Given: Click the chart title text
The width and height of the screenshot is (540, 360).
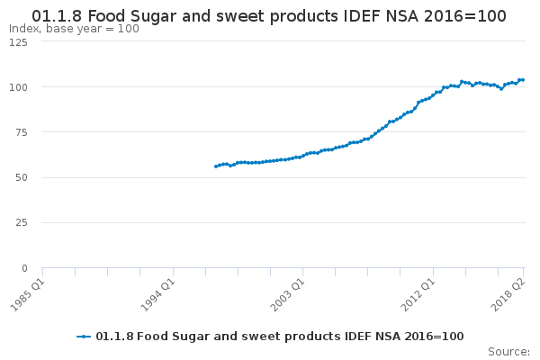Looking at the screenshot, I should click(268, 15).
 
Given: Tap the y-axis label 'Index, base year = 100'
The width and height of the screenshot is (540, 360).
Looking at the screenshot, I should click(74, 29).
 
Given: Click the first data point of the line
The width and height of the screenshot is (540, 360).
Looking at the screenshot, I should click(216, 166).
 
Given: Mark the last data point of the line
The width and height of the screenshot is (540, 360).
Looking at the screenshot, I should click(523, 80).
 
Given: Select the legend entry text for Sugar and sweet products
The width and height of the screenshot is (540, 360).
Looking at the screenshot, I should click(279, 337).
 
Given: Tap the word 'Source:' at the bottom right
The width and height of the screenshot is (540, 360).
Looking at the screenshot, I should click(508, 352).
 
